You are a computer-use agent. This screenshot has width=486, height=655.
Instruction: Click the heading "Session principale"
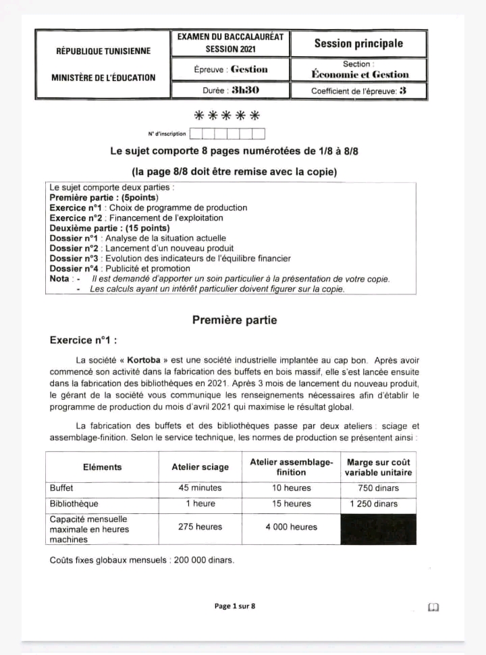click(x=358, y=44)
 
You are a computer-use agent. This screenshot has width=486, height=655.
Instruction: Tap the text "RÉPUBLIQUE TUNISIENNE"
click(x=103, y=51)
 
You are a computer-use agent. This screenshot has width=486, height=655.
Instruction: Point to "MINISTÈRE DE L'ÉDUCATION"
click(x=103, y=78)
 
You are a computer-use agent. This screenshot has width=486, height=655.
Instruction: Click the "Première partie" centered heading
click(x=234, y=320)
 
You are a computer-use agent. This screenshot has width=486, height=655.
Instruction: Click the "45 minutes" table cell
click(x=200, y=488)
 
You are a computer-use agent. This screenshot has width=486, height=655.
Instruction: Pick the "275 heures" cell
click(x=200, y=527)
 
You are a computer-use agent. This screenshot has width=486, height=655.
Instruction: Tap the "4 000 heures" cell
click(x=292, y=527)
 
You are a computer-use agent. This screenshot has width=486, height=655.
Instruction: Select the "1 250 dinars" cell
click(x=379, y=504)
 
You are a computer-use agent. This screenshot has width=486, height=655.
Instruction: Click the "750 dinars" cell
click(x=379, y=488)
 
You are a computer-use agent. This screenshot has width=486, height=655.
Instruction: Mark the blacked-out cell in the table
click(x=379, y=529)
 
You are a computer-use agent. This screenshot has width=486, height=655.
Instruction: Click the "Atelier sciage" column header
click(x=200, y=467)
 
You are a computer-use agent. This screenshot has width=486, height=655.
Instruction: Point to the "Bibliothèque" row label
click(x=74, y=504)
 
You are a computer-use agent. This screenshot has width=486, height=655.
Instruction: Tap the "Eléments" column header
click(x=103, y=467)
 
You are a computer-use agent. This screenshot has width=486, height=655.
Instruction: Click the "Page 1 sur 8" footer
click(x=235, y=606)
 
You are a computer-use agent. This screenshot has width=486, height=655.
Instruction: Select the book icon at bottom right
click(x=433, y=607)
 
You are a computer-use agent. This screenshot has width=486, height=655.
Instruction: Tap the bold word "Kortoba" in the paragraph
click(x=142, y=361)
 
